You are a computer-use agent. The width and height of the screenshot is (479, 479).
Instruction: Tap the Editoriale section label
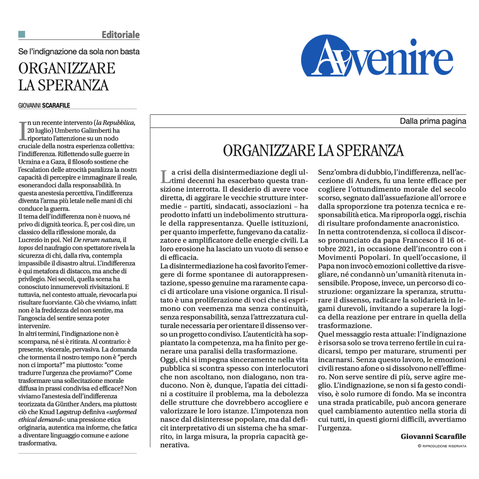coord(121,35)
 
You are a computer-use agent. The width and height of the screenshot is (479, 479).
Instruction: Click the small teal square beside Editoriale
coord(22,34)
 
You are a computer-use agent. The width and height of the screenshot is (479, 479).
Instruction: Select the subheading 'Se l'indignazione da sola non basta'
coord(79,52)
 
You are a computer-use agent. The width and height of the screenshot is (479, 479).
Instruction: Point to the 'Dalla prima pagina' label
coord(433,121)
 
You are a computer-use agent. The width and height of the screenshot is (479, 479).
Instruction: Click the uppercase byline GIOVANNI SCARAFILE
coord(44,105)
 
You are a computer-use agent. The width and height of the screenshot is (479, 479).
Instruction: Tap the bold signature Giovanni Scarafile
coord(433,436)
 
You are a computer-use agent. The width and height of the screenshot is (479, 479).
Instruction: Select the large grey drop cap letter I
coord(23,131)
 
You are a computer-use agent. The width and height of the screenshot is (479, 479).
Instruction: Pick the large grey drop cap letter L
coord(165,177)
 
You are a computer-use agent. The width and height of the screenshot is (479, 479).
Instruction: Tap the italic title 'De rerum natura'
coord(97,240)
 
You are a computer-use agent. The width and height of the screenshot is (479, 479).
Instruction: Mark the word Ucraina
coord(29,162)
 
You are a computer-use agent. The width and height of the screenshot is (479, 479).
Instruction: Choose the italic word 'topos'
coord(25,248)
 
